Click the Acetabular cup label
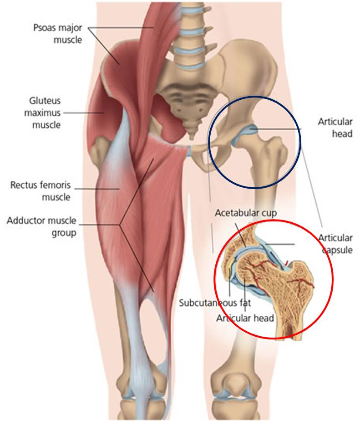(246, 213)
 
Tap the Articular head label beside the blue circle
(335, 128)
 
